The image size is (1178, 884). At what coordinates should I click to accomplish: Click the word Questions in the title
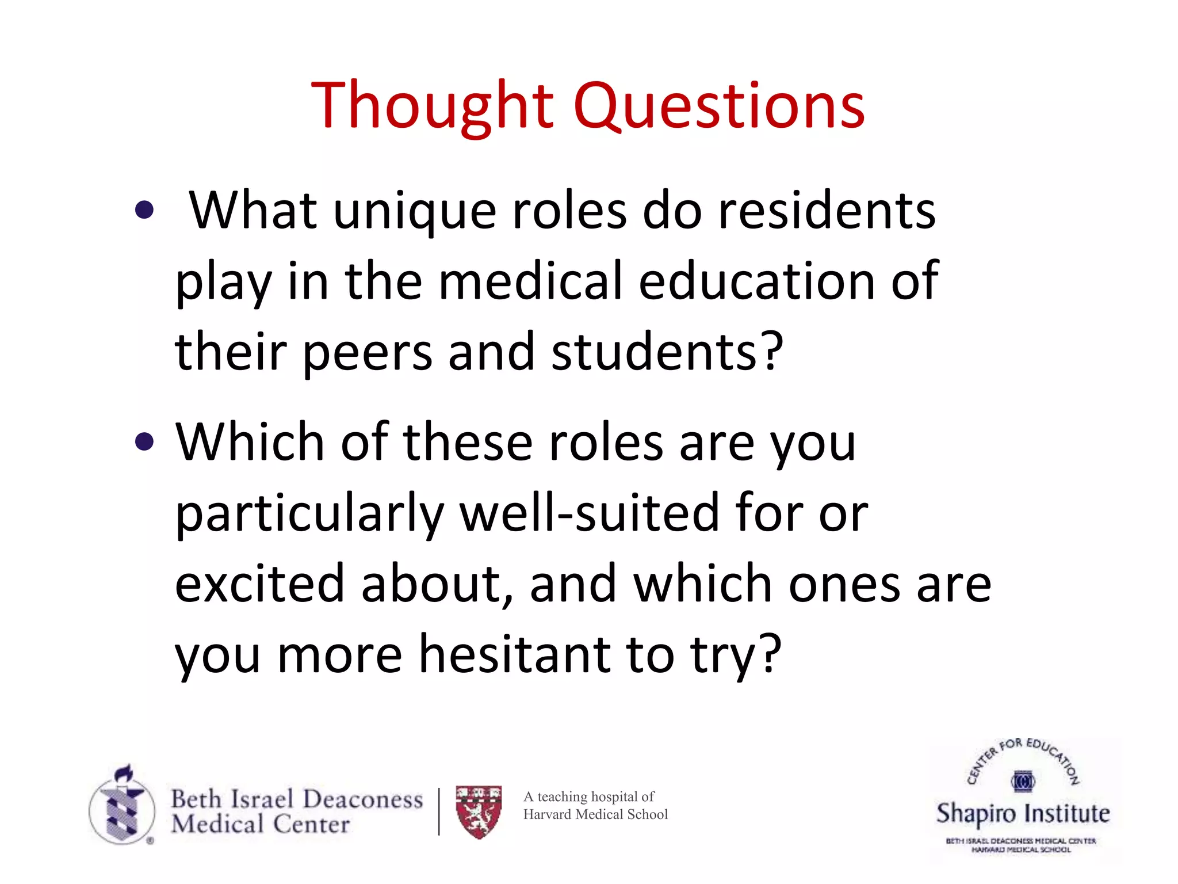(x=719, y=106)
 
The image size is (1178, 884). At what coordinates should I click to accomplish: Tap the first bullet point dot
(x=144, y=210)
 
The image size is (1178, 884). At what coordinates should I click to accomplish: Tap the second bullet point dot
(x=144, y=442)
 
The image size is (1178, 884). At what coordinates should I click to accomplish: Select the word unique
(x=414, y=212)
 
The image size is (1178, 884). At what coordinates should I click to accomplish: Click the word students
(x=667, y=352)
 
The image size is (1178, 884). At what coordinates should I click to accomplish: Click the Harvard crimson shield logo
(x=479, y=811)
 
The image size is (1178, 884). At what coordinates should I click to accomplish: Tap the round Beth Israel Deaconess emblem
(x=122, y=806)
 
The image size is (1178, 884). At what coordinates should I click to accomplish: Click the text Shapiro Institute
(x=1023, y=813)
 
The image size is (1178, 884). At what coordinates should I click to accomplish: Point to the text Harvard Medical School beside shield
(x=595, y=814)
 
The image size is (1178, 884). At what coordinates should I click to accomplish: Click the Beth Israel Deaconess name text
(x=297, y=799)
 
